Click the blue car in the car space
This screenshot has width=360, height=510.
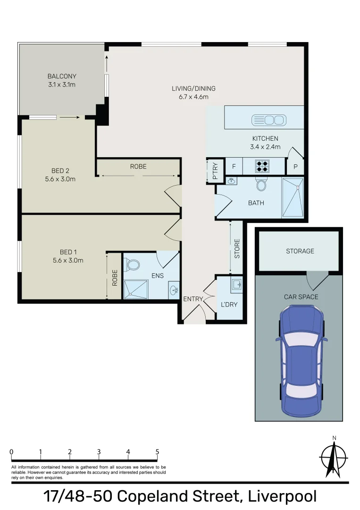point(301,361)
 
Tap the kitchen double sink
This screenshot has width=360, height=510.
point(269,120)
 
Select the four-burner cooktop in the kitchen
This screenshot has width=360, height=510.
point(262,166)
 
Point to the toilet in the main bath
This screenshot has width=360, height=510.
point(261,184)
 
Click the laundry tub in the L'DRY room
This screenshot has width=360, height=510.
point(236,284)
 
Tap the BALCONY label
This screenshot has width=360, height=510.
point(62,76)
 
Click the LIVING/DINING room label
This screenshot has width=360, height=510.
point(193,88)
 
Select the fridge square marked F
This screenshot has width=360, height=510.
point(234,167)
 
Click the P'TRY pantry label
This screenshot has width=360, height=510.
point(215,171)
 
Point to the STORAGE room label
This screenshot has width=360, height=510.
point(300,251)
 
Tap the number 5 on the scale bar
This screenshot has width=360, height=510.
point(157,452)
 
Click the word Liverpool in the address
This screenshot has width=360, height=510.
point(282,497)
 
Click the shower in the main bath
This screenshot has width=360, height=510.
point(293,197)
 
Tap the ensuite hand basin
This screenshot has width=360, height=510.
point(174,289)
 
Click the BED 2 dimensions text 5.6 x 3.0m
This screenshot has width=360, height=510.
point(60,179)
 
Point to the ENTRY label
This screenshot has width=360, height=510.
point(193,299)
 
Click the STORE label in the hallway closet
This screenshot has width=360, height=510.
point(237,249)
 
